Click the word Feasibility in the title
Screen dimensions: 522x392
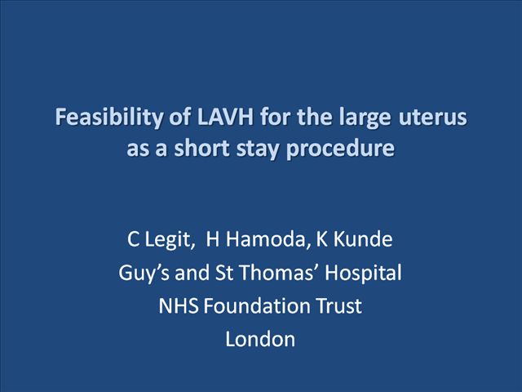tap(109, 117)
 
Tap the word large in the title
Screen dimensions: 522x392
tap(365, 118)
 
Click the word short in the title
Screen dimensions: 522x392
tap(202, 148)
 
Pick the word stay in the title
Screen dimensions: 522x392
tap(257, 149)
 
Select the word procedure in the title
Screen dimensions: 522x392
tap(340, 149)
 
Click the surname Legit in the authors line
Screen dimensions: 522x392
tap(169, 239)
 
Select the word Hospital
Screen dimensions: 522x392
tap(363, 273)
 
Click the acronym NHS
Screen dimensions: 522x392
tap(179, 305)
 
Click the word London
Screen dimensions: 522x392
tap(260, 339)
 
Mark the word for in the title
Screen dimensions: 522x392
tap(276, 117)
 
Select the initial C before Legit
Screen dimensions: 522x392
tap(133, 239)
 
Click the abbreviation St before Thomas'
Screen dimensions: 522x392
tap(224, 272)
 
